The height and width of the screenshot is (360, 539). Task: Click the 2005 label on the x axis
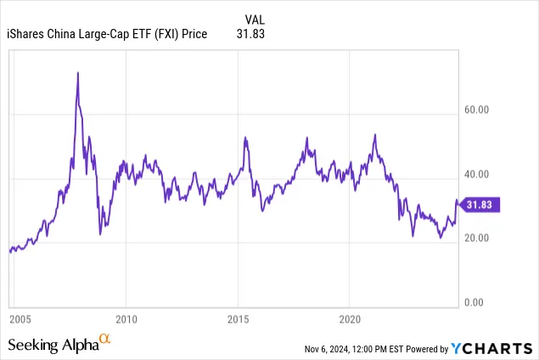click(x=20, y=320)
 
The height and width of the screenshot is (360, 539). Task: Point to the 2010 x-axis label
click(x=126, y=320)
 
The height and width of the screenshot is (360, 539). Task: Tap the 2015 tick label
click(x=239, y=320)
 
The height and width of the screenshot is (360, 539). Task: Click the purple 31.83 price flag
click(x=481, y=205)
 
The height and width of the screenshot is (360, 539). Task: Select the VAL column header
click(x=254, y=19)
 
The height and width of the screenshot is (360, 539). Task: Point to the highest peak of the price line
click(x=78, y=73)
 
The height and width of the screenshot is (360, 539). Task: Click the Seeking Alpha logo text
click(x=52, y=345)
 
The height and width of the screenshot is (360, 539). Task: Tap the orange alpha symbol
click(x=105, y=340)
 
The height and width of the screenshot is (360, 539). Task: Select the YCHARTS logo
click(x=493, y=348)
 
